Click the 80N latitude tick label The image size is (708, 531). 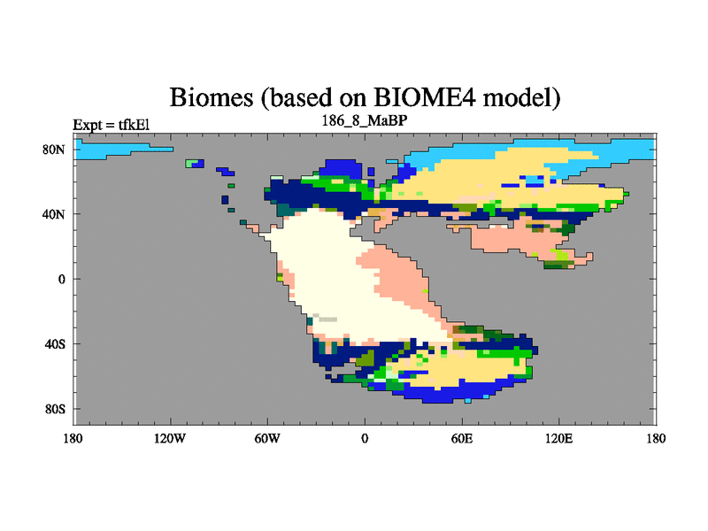tap(54, 150)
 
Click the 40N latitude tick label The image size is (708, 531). tap(54, 214)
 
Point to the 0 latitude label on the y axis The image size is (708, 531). tap(61, 279)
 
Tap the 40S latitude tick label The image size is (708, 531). tap(55, 344)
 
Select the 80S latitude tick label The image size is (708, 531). tap(55, 409)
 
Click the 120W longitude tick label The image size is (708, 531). tap(170, 438)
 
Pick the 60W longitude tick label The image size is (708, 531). tap(267, 438)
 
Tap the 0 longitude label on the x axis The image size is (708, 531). tap(365, 438)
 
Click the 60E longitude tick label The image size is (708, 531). tap(462, 438)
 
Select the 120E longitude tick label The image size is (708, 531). tap(559, 438)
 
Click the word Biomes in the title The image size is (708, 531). tap(212, 97)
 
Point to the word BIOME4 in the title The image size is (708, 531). tap(425, 97)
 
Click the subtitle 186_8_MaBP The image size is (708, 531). tap(365, 121)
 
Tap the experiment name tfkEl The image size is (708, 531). tap(135, 125)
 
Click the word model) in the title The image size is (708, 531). tap(521, 98)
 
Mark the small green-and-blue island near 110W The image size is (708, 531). tap(195, 164)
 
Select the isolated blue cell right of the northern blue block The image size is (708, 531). tap(371, 172)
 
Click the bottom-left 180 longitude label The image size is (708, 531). tap(73, 438)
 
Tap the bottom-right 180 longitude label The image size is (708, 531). tap(656, 438)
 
